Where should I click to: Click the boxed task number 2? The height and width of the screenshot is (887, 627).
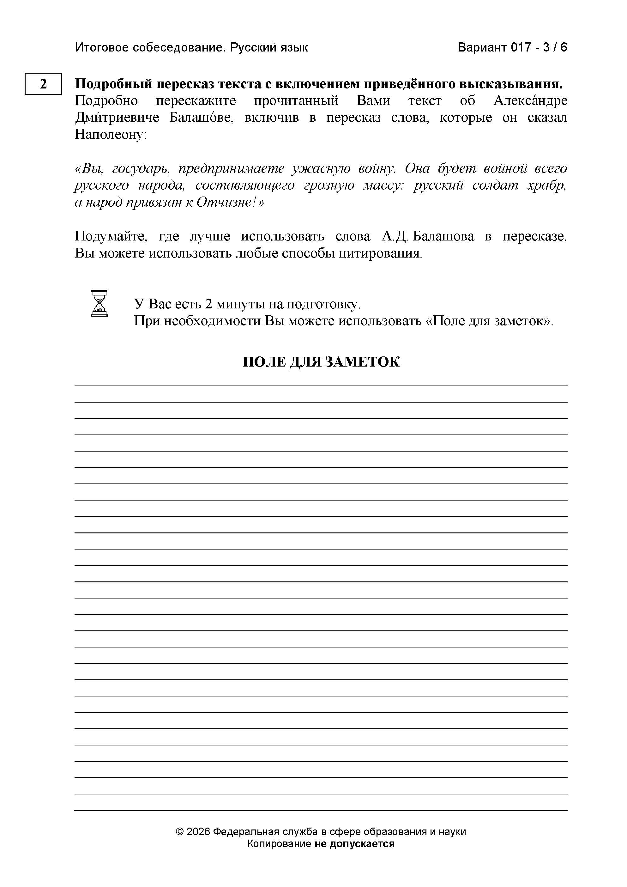point(43,84)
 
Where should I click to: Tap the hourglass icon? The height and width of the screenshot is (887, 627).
point(99,303)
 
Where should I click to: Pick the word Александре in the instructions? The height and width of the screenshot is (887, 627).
point(530,101)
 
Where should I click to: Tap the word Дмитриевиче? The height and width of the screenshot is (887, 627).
point(117,118)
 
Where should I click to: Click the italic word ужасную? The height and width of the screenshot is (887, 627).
point(321,169)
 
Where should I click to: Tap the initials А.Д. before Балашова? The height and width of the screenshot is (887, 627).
point(394,236)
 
